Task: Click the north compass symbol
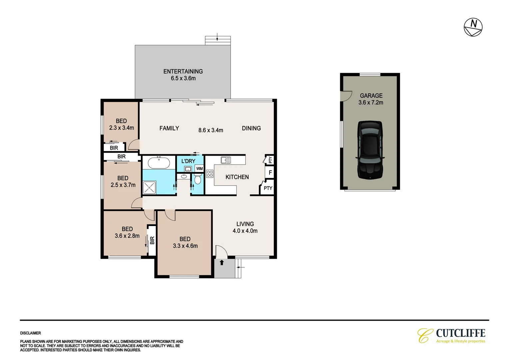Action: coord(473,27)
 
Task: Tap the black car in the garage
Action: coord(370,150)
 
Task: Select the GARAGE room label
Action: coord(371,96)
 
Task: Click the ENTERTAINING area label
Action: coord(183,71)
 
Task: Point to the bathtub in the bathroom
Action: coord(159,163)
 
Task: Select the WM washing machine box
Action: coord(199,169)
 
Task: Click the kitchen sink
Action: coord(226,160)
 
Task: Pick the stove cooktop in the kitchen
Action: coord(210,174)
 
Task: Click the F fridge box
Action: coord(270,173)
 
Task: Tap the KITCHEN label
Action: coord(237,177)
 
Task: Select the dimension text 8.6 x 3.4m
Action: coord(211,130)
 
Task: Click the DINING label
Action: coord(251,128)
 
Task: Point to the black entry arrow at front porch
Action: coord(222,263)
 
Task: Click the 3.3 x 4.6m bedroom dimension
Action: coord(185,246)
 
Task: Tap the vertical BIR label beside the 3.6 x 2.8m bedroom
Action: coord(152,240)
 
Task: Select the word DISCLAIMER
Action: coord(31,333)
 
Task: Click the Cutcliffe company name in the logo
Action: coord(460,333)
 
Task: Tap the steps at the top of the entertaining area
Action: coord(218,41)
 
